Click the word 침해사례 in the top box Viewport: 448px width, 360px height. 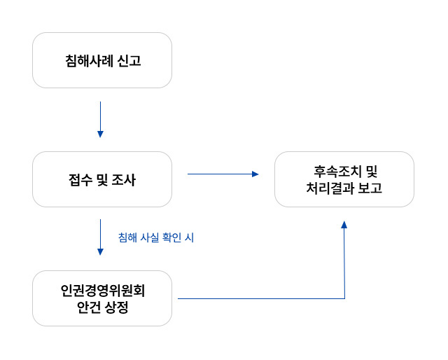pos(87,61)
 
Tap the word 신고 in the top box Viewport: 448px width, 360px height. pos(129,61)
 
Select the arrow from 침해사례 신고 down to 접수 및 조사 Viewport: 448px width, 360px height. pos(100,119)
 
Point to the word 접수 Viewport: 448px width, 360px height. pos(71,180)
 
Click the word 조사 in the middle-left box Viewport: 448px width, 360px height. pos(124,180)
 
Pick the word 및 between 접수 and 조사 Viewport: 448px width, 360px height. pos(98,180)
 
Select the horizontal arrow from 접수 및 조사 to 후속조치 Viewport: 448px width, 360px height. pos(223,174)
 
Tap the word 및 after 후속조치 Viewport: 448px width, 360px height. pos(371,171)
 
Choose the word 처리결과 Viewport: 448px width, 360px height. pos(330,188)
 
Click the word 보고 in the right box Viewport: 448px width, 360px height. pos(370,188)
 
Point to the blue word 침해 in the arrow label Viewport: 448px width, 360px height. pos(127,238)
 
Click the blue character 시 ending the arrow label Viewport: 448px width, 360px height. pos(189,238)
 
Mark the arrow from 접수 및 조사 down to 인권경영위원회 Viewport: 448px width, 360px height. pos(100,238)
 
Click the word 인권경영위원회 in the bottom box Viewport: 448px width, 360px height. pos(102,290)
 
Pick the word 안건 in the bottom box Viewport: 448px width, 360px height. pos(88,307)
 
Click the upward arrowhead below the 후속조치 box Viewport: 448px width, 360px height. pos(344,225)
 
